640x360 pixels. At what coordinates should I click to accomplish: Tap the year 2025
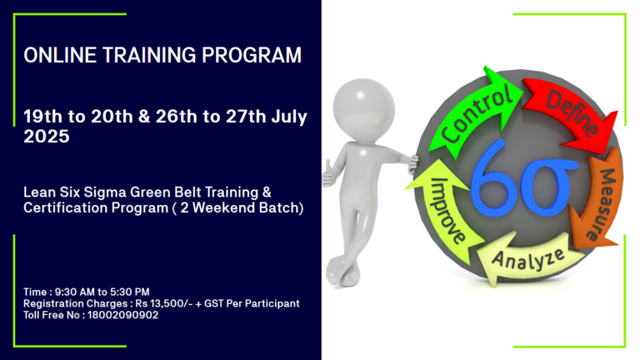coord(47,137)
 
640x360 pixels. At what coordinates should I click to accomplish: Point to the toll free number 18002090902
coord(122,315)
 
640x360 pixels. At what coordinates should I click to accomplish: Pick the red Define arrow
coord(572,113)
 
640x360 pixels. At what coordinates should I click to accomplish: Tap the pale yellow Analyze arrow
coord(527,258)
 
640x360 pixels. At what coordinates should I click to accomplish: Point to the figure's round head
coord(363,109)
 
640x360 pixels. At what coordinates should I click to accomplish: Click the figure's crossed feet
coord(343,272)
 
